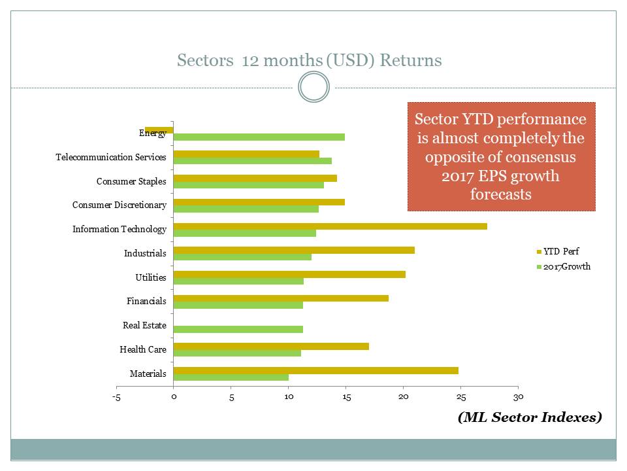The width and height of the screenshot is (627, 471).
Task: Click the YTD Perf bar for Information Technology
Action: tap(330, 226)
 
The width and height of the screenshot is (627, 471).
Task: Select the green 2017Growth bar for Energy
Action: tap(259, 137)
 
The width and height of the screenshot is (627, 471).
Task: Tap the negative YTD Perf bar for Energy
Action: tap(159, 130)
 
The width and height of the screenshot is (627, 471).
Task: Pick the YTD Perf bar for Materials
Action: tap(315, 370)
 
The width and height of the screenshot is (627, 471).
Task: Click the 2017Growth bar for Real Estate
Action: tap(238, 329)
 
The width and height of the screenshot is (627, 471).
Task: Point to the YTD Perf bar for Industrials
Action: tap(294, 250)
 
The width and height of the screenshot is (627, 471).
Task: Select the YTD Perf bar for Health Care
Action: tap(271, 346)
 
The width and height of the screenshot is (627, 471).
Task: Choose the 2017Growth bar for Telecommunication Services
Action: tap(252, 161)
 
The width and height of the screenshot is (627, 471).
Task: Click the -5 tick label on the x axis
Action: tap(116, 396)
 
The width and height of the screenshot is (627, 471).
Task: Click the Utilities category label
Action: tap(151, 277)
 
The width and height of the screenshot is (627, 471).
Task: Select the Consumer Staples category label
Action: tap(131, 181)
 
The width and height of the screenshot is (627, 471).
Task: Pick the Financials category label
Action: tap(146, 302)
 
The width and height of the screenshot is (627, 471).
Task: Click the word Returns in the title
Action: tap(411, 61)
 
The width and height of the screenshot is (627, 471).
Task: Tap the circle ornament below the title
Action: tap(313, 87)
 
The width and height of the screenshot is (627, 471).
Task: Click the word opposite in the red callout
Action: tap(455, 158)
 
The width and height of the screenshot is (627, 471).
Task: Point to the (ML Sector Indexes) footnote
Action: tap(529, 417)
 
